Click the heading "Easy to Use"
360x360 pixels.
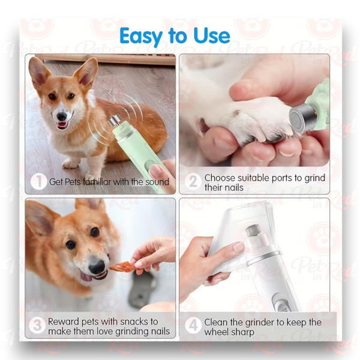(x=175, y=36)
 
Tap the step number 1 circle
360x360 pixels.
(x=38, y=181)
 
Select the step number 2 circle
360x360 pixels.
(x=193, y=181)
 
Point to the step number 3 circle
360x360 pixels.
(x=37, y=326)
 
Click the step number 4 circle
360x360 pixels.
(x=193, y=325)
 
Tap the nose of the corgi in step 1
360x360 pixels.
(x=62, y=116)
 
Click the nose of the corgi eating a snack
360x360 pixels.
(x=97, y=266)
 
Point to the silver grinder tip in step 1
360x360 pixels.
(x=115, y=121)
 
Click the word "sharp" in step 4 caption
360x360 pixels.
(x=242, y=332)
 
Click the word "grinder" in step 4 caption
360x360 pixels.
(x=260, y=323)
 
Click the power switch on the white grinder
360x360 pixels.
(x=281, y=303)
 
